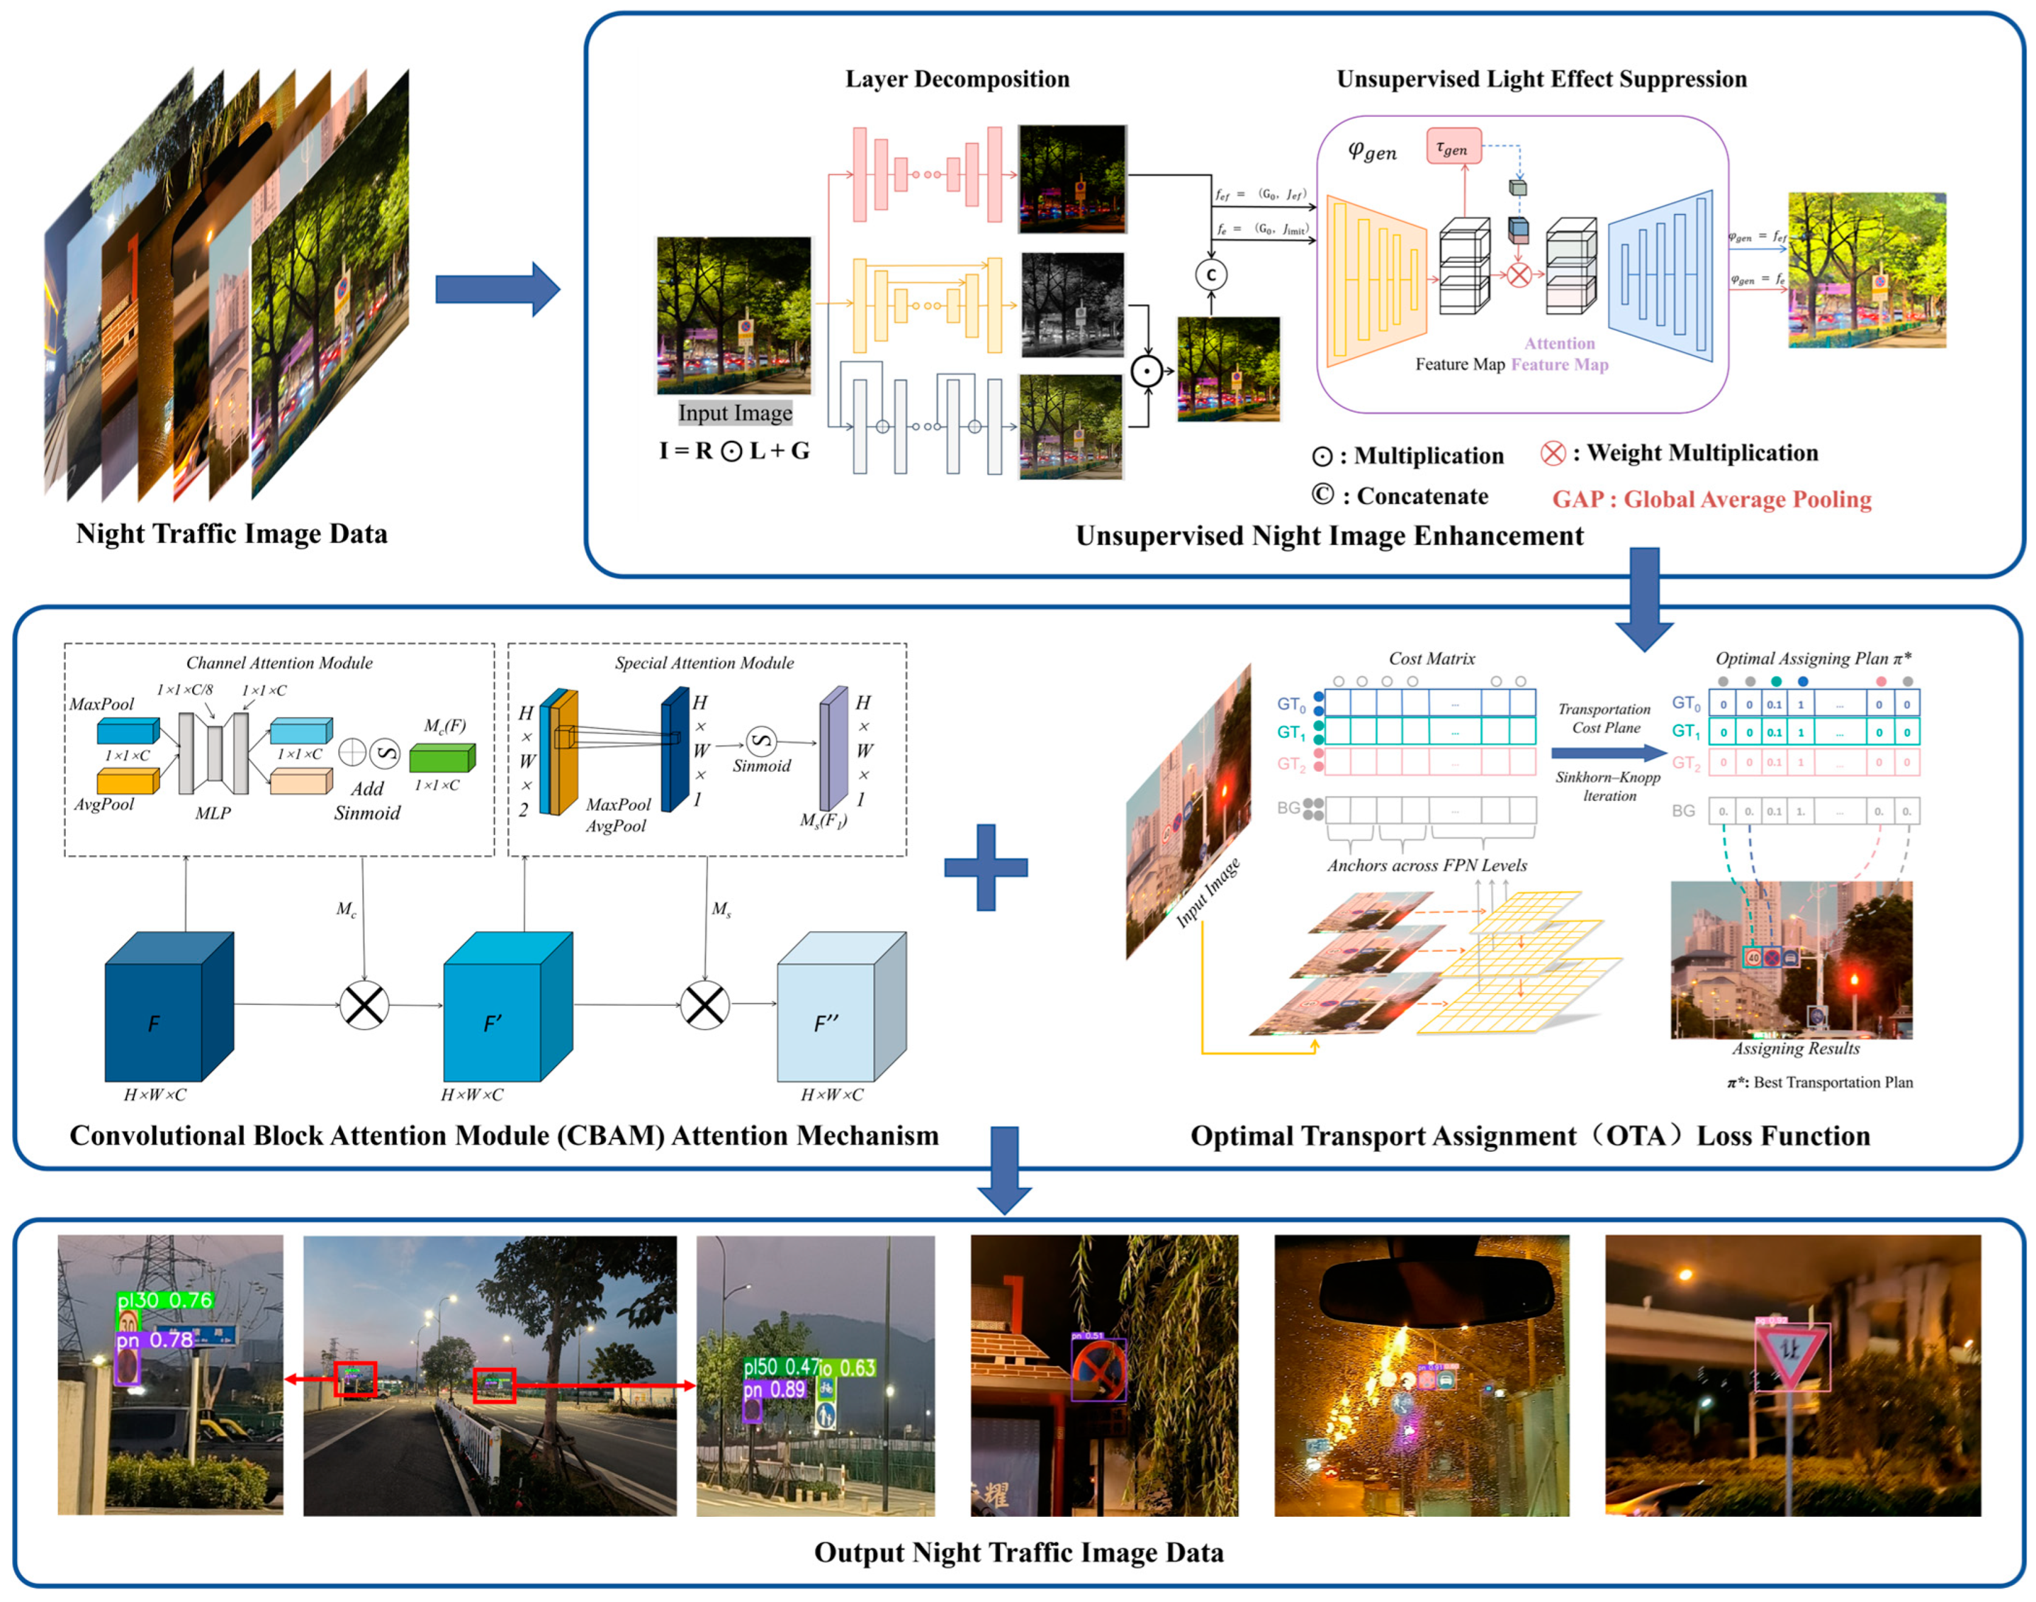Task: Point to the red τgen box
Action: click(x=1453, y=147)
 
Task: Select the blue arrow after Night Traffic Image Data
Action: click(x=497, y=289)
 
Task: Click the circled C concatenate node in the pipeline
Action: click(x=1211, y=275)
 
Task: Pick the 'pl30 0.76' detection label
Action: click(x=165, y=1300)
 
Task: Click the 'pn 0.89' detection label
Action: click(x=774, y=1389)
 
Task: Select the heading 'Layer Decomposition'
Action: click(x=957, y=79)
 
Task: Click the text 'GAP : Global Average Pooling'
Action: click(x=1711, y=499)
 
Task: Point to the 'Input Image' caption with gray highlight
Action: click(x=735, y=413)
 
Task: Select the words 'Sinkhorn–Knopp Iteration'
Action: click(x=1607, y=786)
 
